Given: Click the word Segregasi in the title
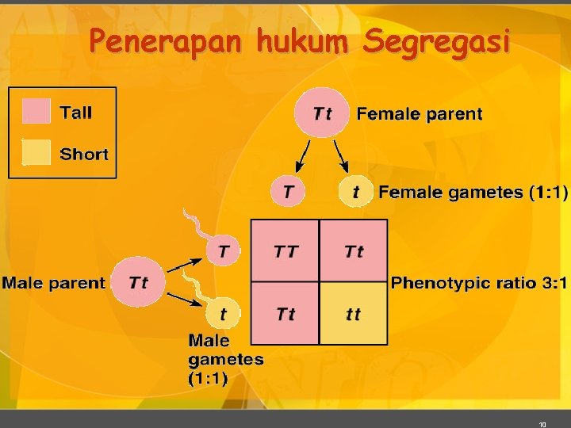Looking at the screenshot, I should pyautogui.click(x=434, y=41).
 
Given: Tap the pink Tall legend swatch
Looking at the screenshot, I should pyautogui.click(x=36, y=112).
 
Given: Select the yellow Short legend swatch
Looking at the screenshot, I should pyautogui.click(x=36, y=153).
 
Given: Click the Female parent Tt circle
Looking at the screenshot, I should pyautogui.click(x=322, y=113).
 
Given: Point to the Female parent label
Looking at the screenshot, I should pyautogui.click(x=419, y=113).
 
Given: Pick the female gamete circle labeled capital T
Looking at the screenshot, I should pyautogui.click(x=287, y=192).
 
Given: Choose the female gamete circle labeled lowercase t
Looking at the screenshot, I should pyautogui.click(x=355, y=192).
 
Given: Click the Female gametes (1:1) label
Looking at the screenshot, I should pyautogui.click(x=473, y=192).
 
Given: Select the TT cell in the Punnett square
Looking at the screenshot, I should pyautogui.click(x=285, y=251).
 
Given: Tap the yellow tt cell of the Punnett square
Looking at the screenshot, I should pyautogui.click(x=354, y=314).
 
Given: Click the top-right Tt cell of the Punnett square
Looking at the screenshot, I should pyautogui.click(x=354, y=251).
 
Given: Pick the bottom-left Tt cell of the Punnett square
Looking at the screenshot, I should pyautogui.click(x=285, y=314).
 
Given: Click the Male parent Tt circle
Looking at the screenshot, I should pyautogui.click(x=138, y=282).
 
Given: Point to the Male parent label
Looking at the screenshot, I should pyautogui.click(x=53, y=282).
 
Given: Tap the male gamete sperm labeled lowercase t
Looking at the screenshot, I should pyautogui.click(x=223, y=314).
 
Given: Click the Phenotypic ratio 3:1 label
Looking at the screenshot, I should pyautogui.click(x=479, y=282).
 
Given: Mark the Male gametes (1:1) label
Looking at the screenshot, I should pyautogui.click(x=225, y=359).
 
